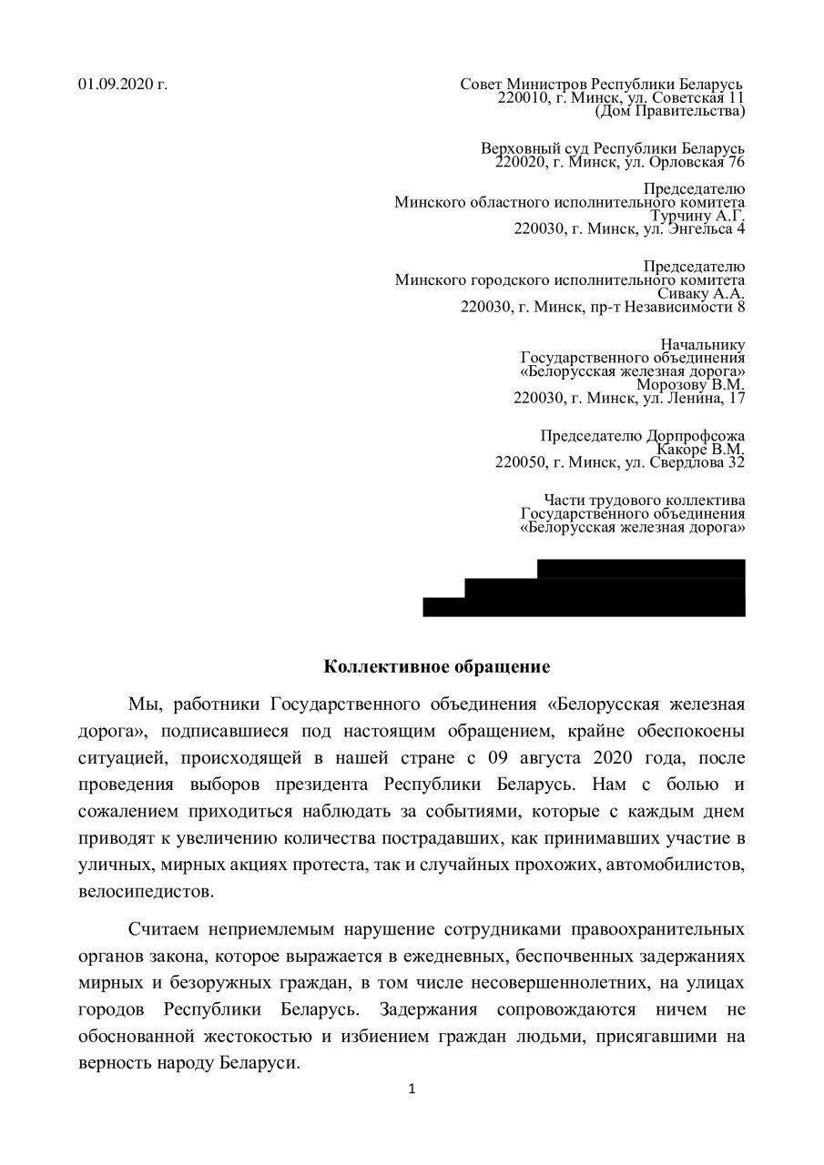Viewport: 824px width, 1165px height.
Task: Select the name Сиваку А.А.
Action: coord(702,294)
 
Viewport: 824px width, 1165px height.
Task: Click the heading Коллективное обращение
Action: coord(437,667)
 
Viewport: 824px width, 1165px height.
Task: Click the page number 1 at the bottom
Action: coord(412,1089)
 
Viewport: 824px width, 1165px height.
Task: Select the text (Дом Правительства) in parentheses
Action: coord(669,111)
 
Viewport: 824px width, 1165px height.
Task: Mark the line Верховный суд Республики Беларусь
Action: coord(613,148)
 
